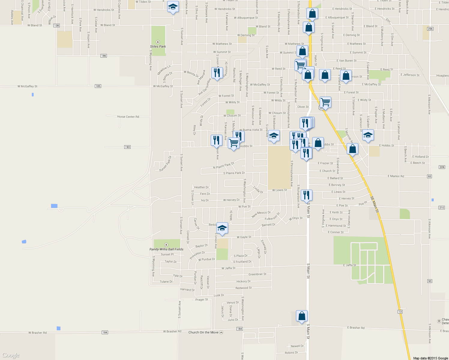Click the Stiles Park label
(158, 46)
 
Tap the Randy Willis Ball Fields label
(166, 249)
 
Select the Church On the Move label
(203, 332)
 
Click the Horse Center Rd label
(128, 117)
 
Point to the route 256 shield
(430, 29)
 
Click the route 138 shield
(57, 25)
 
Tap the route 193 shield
(128, 147)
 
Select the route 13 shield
(400, 312)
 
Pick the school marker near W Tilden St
(173, 7)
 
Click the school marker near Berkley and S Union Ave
(222, 228)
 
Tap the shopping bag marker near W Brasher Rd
(302, 316)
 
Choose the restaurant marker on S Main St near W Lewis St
(306, 195)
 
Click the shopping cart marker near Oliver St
(325, 102)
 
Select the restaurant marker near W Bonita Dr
(217, 73)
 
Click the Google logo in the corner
(11, 355)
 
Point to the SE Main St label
(374, 205)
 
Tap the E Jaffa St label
(350, 265)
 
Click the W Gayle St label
(244, 237)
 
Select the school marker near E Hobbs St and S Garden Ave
(368, 135)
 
